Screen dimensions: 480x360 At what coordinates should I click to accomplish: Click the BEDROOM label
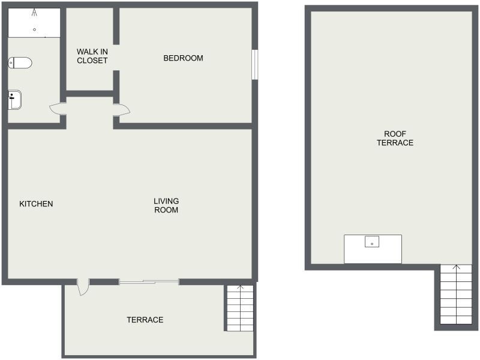point(183,58)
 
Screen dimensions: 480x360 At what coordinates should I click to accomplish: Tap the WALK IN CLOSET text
point(92,56)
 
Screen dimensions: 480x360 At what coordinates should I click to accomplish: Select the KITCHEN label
point(36,204)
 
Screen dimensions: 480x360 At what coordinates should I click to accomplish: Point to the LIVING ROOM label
point(166,205)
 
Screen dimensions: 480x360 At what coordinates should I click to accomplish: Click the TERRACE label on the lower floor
point(145,320)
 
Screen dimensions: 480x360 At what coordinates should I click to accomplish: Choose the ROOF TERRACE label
point(395,139)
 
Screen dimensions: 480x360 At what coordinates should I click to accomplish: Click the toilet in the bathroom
point(20,63)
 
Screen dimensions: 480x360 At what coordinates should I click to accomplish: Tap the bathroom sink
point(14,100)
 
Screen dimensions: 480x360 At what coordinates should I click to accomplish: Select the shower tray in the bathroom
point(34,23)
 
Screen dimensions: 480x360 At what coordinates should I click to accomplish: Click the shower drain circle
point(34,29)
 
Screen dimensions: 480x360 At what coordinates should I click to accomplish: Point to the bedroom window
point(254,65)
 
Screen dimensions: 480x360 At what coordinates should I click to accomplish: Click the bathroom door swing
point(58,109)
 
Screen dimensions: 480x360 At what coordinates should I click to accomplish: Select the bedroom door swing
point(122,110)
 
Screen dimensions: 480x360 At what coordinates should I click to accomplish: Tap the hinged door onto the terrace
point(83,287)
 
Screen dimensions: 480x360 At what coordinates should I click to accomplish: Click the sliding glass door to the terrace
point(149,282)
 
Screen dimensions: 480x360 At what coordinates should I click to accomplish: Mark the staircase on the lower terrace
point(241,308)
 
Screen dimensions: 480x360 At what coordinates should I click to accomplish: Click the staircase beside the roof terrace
point(456,295)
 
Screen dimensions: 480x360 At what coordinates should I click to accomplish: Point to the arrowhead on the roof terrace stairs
point(457,267)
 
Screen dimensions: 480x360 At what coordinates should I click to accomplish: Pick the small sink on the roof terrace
point(372,242)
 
